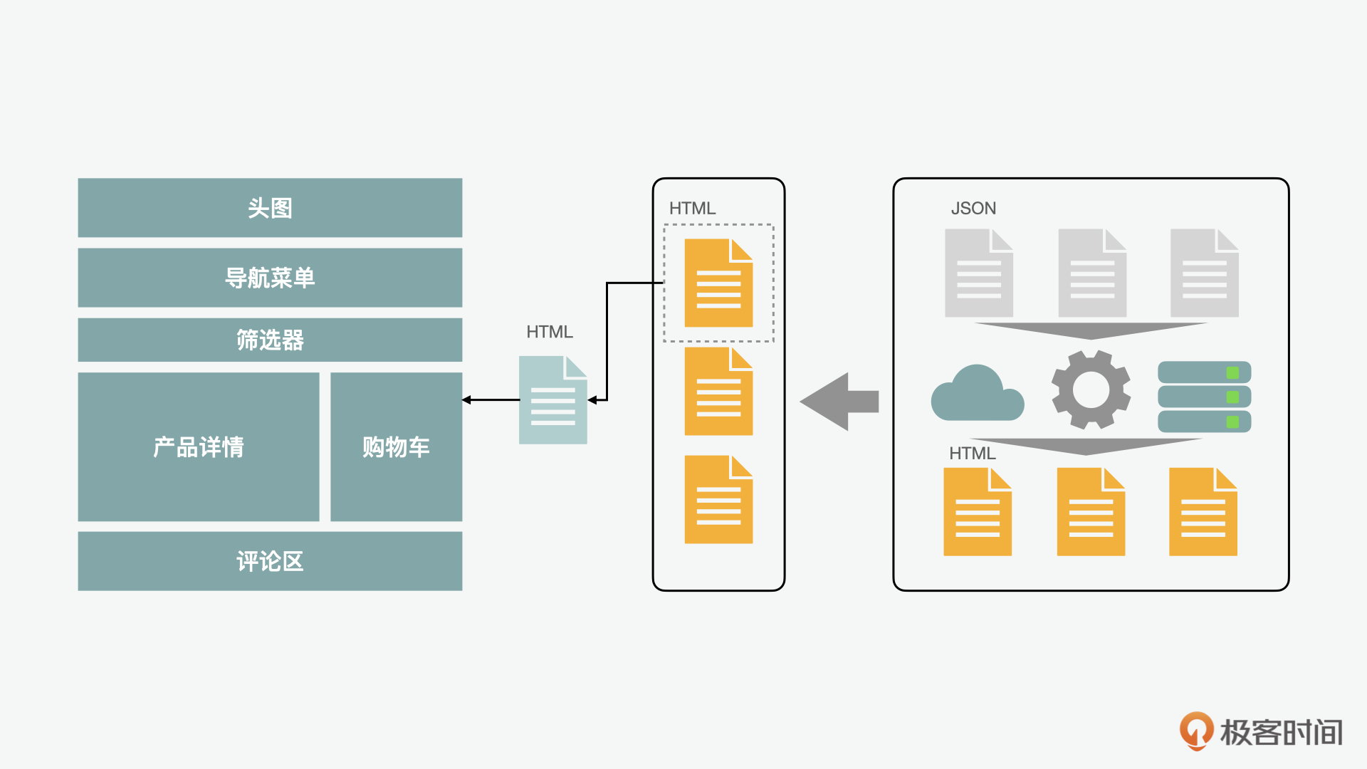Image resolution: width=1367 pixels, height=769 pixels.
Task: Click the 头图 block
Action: click(270, 208)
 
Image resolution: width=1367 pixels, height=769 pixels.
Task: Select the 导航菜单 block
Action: click(270, 278)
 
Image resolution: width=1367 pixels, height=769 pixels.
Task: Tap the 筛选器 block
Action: click(270, 340)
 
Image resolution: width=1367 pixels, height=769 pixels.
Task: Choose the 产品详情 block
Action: click(199, 446)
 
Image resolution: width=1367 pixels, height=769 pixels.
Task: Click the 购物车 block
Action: click(396, 446)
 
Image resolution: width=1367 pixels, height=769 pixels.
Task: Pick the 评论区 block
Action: click(270, 561)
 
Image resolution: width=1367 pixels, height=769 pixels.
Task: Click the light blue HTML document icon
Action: click(552, 401)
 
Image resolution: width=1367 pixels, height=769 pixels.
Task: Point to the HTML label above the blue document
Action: click(549, 332)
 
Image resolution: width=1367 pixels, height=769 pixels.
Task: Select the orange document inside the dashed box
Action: click(718, 283)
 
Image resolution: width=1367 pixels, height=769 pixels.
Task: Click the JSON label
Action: click(973, 209)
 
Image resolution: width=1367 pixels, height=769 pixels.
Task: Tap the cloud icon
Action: click(977, 395)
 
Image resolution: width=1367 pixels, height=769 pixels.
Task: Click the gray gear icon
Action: click(1091, 389)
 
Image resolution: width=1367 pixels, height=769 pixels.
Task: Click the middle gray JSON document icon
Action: click(1091, 273)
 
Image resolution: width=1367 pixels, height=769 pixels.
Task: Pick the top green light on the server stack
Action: click(1232, 372)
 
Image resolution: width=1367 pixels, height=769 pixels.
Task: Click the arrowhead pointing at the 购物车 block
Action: click(467, 400)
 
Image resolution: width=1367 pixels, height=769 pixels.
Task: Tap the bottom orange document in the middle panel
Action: click(718, 500)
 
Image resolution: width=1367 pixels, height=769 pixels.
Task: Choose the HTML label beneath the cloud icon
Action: click(972, 454)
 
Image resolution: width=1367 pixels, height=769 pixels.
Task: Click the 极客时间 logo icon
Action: click(1196, 731)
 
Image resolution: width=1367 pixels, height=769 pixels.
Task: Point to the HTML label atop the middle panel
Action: click(692, 209)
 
